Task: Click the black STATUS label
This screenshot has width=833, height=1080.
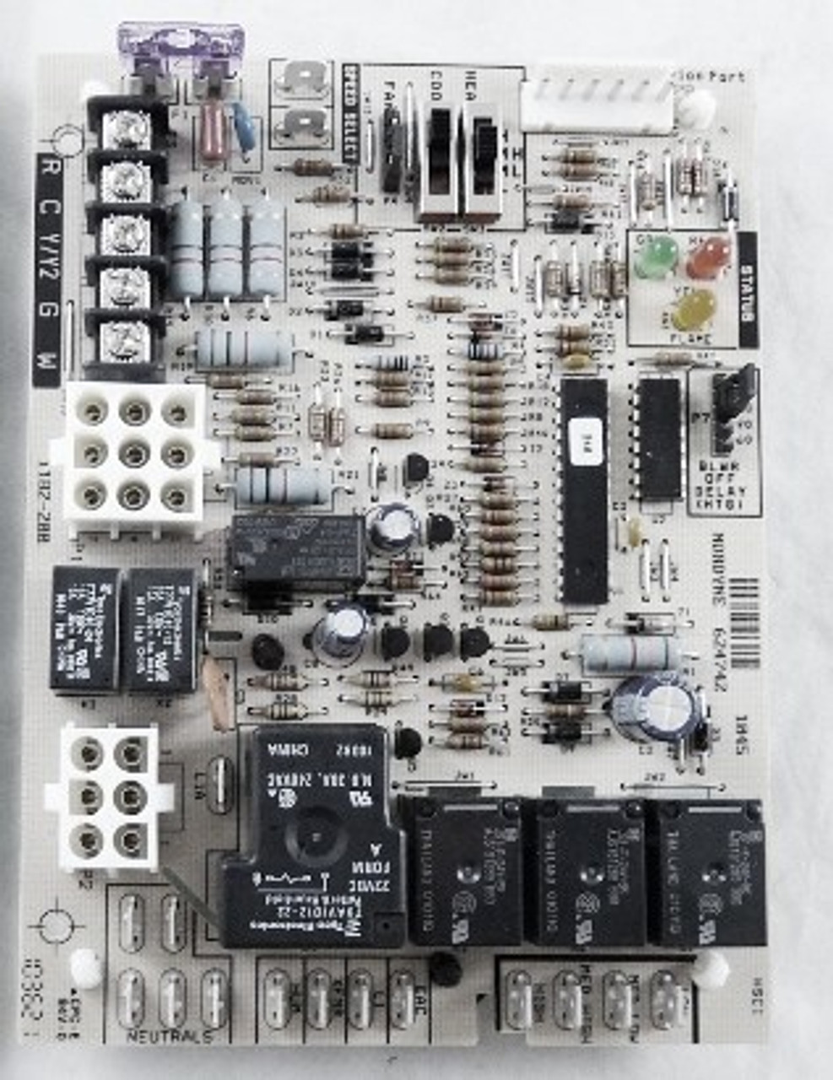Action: pos(747,287)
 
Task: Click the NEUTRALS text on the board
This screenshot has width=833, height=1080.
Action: pos(169,1035)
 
